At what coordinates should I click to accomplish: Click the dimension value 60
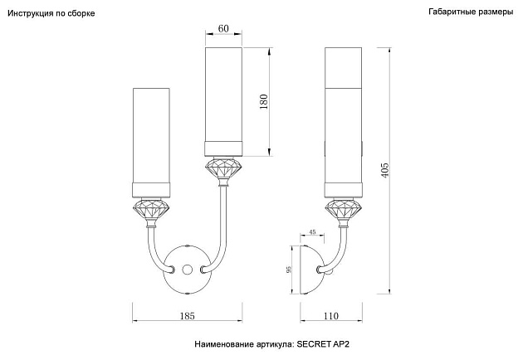[223, 29]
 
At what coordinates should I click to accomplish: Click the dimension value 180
[263, 102]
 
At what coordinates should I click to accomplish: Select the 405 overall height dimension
[385, 170]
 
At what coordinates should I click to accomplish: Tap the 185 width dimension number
[187, 316]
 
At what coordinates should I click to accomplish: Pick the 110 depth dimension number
[331, 316]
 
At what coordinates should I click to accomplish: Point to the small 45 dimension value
[312, 232]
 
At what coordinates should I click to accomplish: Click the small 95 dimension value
[289, 270]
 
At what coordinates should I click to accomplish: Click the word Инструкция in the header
[31, 13]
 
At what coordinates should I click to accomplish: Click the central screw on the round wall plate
[187, 269]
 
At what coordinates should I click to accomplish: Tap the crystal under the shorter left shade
[151, 210]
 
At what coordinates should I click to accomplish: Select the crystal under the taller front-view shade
[224, 168]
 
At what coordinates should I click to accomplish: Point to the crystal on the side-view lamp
[344, 210]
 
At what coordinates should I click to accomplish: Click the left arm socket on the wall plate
[172, 269]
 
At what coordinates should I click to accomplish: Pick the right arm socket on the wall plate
[203, 269]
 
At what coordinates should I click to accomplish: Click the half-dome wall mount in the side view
[312, 270]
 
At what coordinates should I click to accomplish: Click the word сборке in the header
[81, 13]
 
